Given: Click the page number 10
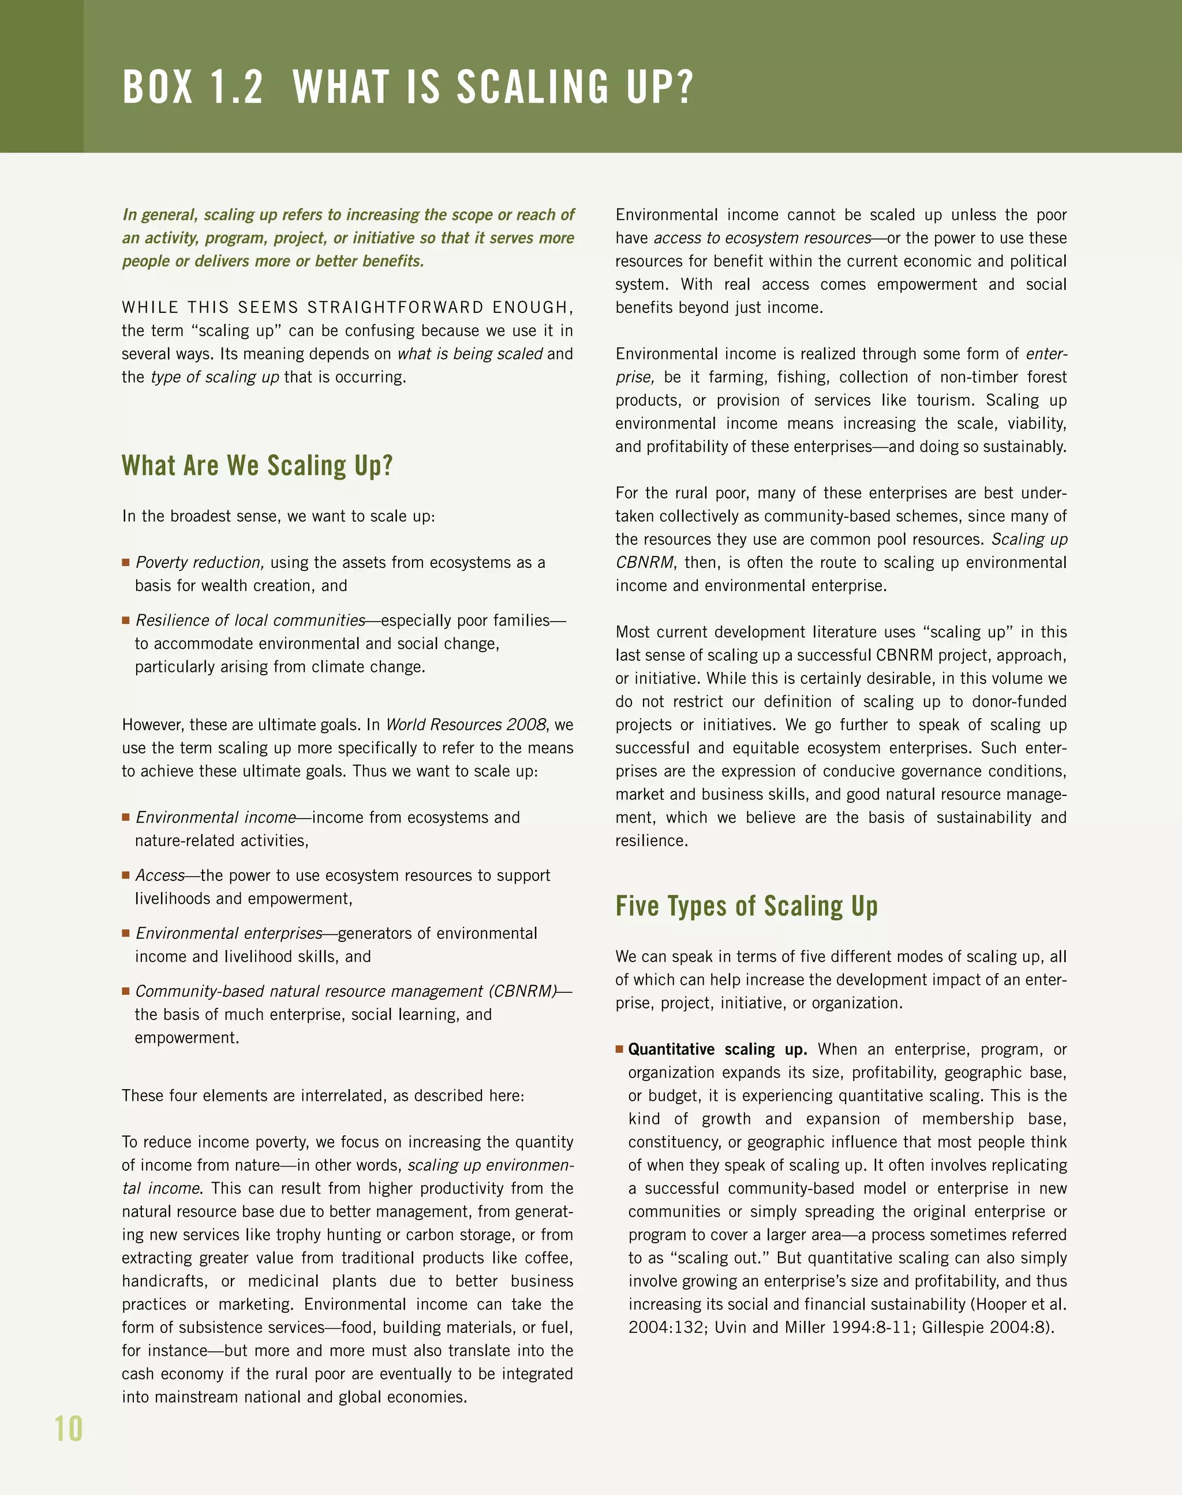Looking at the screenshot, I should point(69,1429).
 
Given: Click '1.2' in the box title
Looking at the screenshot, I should point(237,88).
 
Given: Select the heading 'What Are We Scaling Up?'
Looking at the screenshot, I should point(257,466).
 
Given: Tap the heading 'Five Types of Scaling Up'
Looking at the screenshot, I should point(746,906).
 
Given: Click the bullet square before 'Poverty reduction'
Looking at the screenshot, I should point(126,563).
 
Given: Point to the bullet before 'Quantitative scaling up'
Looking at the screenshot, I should point(619,1049).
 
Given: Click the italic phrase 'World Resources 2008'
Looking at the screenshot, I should point(466,724).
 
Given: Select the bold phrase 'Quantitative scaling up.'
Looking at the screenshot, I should point(717,1049).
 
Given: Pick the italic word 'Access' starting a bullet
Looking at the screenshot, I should point(160,876).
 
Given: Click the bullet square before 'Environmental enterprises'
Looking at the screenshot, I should point(126,933).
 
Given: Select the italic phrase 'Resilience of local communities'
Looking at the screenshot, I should point(250,620).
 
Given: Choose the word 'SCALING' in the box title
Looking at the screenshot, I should point(532,88).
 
